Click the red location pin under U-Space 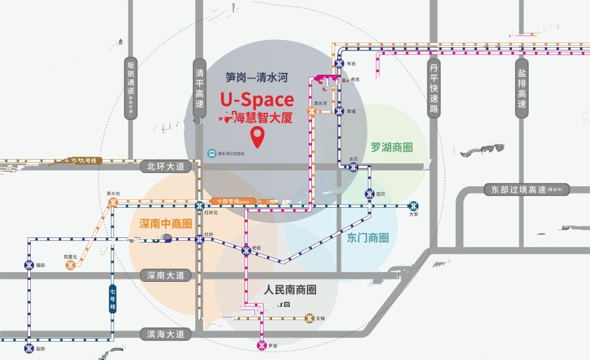258,138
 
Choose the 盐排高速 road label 522,89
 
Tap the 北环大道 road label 167,167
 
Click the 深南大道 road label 167,275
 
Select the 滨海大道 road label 167,334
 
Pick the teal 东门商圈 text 368,237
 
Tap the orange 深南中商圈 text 165,224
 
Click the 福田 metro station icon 29,265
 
